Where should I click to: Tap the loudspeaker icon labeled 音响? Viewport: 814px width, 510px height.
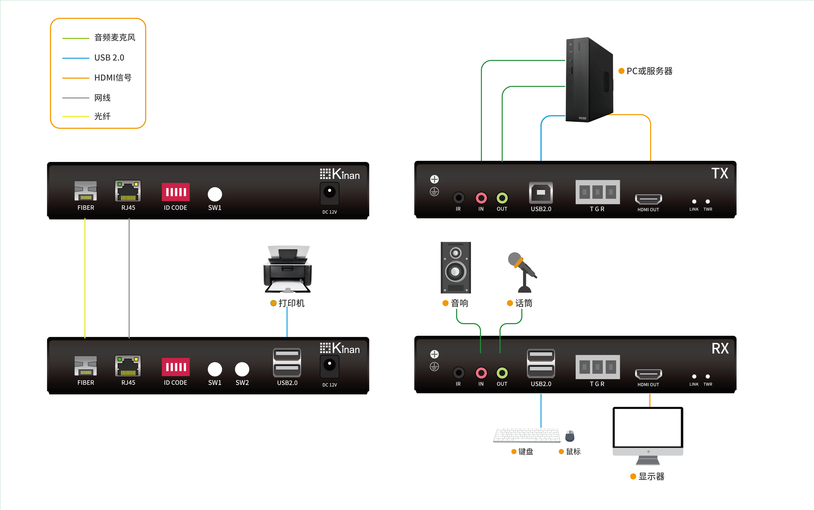click(x=455, y=267)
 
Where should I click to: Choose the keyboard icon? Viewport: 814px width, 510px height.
click(x=526, y=435)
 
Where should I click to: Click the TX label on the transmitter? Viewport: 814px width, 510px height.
click(x=720, y=173)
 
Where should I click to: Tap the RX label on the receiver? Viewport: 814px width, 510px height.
click(x=720, y=348)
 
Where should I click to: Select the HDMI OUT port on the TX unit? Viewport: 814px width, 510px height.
click(x=648, y=199)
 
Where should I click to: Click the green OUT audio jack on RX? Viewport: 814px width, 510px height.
click(x=502, y=373)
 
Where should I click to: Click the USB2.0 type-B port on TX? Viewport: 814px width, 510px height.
click(x=541, y=193)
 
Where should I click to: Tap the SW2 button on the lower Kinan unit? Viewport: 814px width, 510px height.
click(x=242, y=369)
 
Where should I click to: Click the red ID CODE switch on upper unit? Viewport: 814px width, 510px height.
click(x=176, y=192)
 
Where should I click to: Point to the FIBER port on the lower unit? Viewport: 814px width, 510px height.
click(x=86, y=366)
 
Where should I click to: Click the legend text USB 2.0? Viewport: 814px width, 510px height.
click(x=109, y=58)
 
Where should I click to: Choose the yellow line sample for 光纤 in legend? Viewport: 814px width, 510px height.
click(x=76, y=116)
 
